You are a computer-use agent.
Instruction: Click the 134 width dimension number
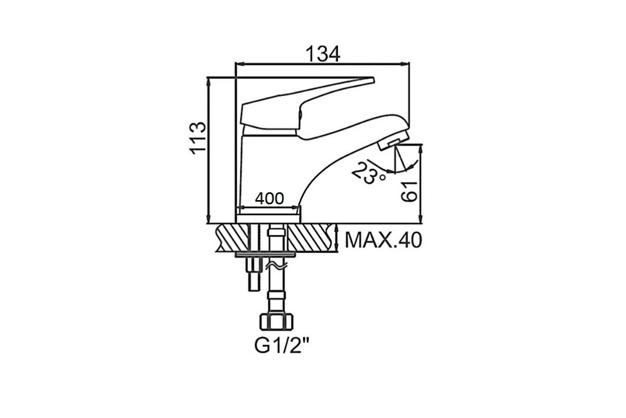[x=323, y=54]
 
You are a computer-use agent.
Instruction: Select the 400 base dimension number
[x=269, y=199]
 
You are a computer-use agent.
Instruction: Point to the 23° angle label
[x=369, y=173]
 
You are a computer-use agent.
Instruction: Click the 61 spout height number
[x=409, y=192]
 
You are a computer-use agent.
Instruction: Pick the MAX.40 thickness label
[x=383, y=240]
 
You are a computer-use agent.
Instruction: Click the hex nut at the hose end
[x=276, y=322]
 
